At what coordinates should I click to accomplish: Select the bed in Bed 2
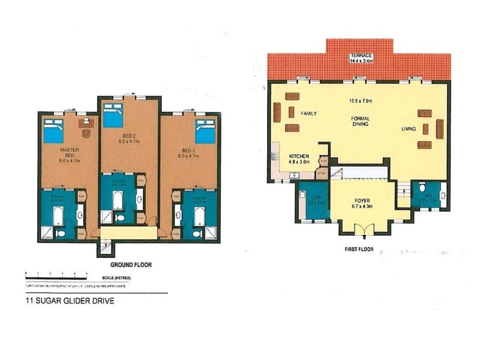click(113, 115)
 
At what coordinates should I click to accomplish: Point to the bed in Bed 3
click(205, 130)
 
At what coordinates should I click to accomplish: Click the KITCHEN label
click(299, 155)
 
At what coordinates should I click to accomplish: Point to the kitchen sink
click(294, 175)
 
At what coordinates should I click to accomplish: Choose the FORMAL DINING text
click(360, 122)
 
